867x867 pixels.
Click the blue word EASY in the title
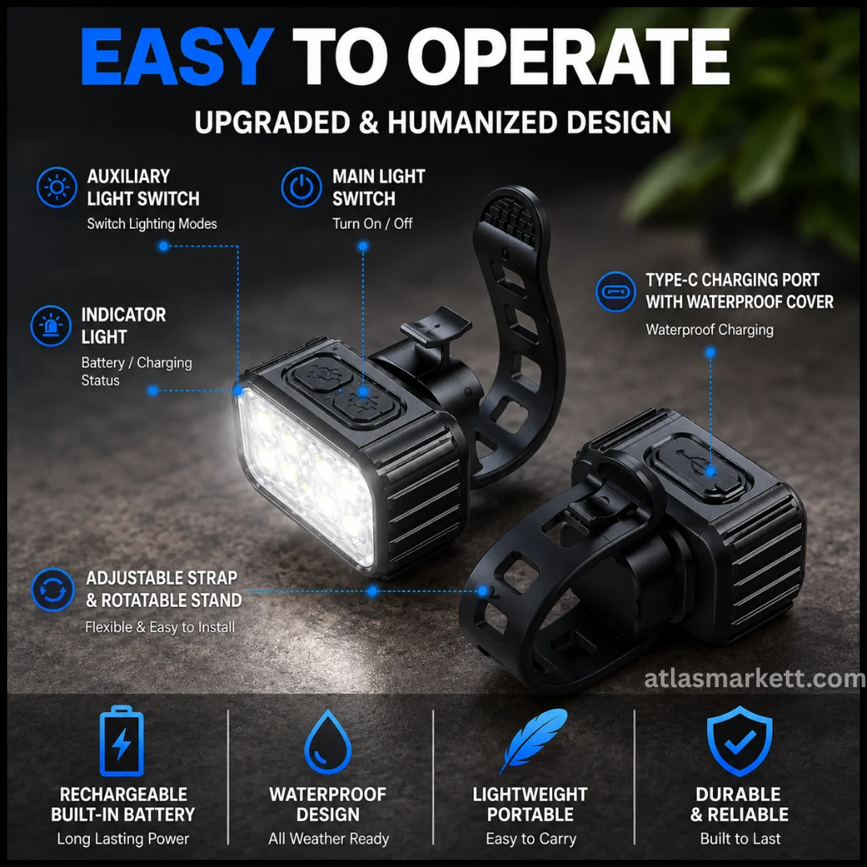point(177,56)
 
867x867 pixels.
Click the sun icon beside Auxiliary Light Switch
point(57,187)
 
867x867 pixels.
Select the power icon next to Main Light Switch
point(301,187)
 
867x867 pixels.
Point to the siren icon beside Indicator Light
point(51,326)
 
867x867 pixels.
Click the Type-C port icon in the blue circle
point(616,291)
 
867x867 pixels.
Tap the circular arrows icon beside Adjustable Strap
point(52,589)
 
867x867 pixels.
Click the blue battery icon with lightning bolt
point(122,741)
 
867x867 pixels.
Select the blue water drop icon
point(328,742)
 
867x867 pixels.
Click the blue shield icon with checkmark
point(740,741)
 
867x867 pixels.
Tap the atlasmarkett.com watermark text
point(755,678)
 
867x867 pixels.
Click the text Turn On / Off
point(372,223)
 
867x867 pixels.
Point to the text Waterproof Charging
point(710,330)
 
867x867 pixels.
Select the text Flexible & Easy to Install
point(160,627)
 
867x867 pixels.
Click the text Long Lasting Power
point(123,839)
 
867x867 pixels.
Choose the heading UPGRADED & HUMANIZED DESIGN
point(433,122)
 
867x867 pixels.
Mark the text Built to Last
point(740,839)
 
